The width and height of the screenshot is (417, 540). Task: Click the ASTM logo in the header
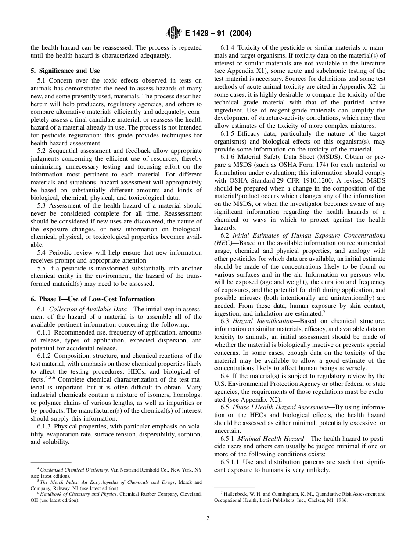coord(174,33)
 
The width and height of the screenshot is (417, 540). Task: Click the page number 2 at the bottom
coord(208,518)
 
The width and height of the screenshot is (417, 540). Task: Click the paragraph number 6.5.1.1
coord(231,462)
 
